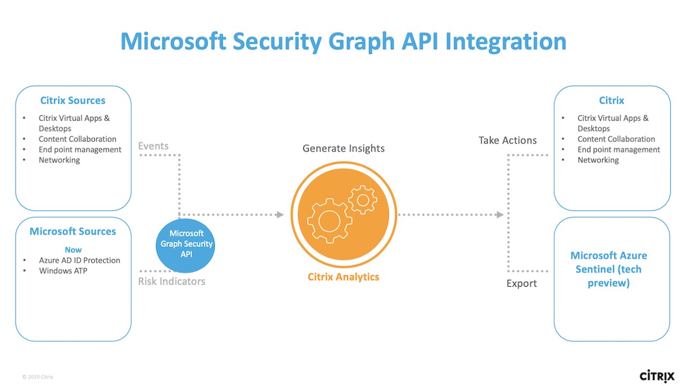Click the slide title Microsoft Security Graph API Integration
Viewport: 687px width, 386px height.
[x=343, y=41]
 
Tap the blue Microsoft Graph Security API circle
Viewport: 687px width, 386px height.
[x=186, y=244]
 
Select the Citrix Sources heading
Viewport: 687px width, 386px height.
[x=73, y=100]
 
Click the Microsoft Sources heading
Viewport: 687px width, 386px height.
[x=73, y=232]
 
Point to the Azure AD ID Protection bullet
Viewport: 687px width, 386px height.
[x=79, y=261]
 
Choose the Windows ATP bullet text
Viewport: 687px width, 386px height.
[x=63, y=271]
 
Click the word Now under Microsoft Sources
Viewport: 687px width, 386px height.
[x=73, y=250]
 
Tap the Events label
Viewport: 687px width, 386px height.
[x=153, y=146]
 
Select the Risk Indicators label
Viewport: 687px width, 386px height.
[x=172, y=281]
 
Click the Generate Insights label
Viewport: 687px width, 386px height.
[x=343, y=149]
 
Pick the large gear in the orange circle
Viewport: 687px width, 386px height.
[x=329, y=220]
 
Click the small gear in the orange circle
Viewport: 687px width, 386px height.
[x=363, y=201]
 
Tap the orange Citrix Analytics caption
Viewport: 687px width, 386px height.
[x=343, y=277]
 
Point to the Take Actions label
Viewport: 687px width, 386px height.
[x=508, y=140]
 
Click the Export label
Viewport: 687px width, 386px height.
[x=522, y=284]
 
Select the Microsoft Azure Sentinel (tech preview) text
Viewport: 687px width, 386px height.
[x=609, y=269]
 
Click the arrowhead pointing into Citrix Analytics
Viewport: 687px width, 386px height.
[x=280, y=215]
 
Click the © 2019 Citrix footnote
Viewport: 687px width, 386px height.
[x=38, y=377]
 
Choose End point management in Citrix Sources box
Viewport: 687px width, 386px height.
[x=80, y=150]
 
